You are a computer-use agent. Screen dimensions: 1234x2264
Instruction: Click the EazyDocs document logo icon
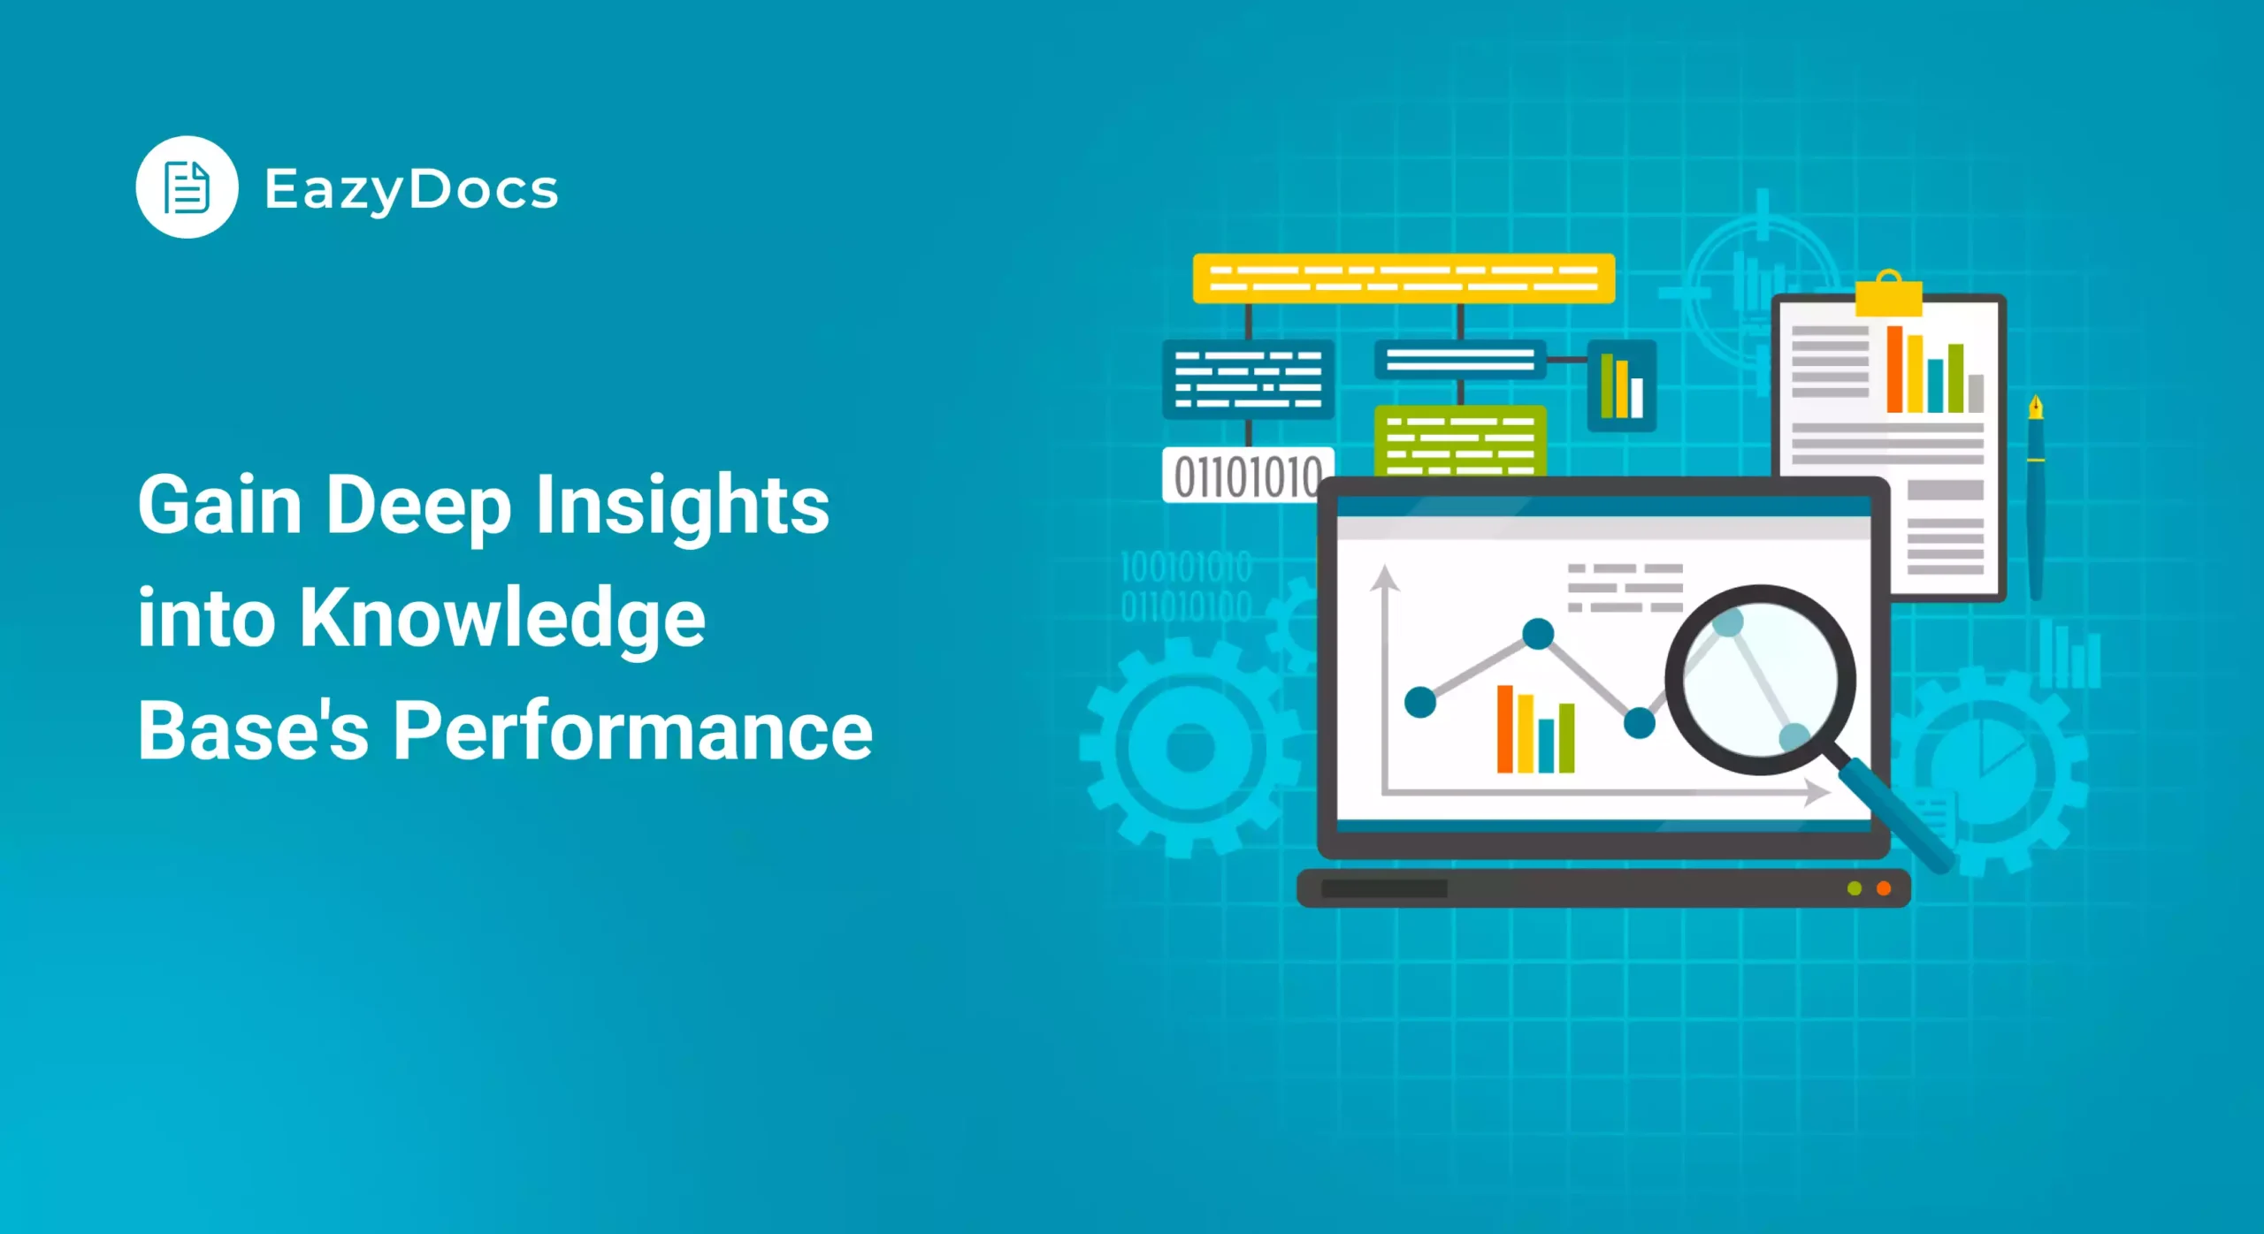187,187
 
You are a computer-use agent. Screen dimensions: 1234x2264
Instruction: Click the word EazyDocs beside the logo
411,190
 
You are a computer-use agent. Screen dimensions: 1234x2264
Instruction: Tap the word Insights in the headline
683,506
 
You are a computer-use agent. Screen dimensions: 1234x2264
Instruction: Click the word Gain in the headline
220,506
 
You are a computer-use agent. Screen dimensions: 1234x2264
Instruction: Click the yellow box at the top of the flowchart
1404,278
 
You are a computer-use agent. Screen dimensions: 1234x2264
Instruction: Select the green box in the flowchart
1460,439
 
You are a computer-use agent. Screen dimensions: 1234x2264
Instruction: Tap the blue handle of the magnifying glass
1897,819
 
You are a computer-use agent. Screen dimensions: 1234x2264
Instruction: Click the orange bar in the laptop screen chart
1504,729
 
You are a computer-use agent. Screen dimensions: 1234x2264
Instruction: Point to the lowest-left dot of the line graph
1420,702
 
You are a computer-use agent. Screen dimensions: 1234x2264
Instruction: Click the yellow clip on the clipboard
1888,295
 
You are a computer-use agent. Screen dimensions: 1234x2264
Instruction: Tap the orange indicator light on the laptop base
1884,888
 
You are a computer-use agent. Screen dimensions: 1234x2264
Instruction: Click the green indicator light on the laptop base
1855,888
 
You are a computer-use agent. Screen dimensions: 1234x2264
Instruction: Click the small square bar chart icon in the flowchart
1621,386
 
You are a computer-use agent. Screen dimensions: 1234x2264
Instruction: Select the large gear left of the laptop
1189,748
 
